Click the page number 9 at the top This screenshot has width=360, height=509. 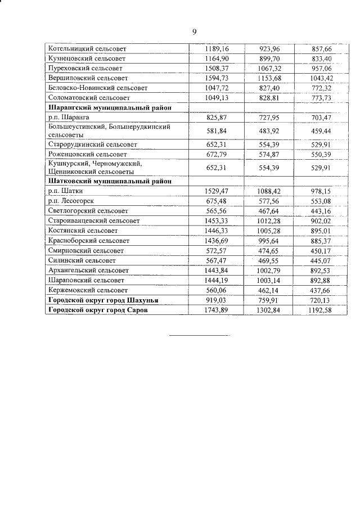194,32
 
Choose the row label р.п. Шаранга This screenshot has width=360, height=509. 68,117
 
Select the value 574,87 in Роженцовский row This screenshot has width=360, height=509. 272,154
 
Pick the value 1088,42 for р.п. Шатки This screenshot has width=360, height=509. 272,191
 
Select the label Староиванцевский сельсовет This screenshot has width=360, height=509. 94,220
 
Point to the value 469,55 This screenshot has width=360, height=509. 272,260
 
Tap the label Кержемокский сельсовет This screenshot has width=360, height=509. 88,290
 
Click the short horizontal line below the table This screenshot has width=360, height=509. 200,336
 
